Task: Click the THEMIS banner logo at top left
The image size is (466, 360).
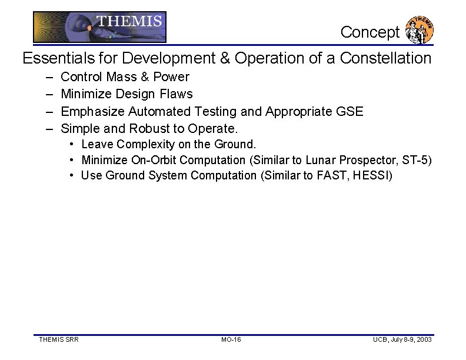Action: click(99, 26)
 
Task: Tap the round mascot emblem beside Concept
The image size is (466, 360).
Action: click(420, 30)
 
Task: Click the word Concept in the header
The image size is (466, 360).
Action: click(370, 32)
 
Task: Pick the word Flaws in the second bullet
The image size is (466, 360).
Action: click(176, 94)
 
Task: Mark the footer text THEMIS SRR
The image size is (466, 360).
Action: click(59, 340)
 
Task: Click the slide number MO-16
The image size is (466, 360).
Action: click(231, 340)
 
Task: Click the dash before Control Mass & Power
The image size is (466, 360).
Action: click(47, 77)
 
